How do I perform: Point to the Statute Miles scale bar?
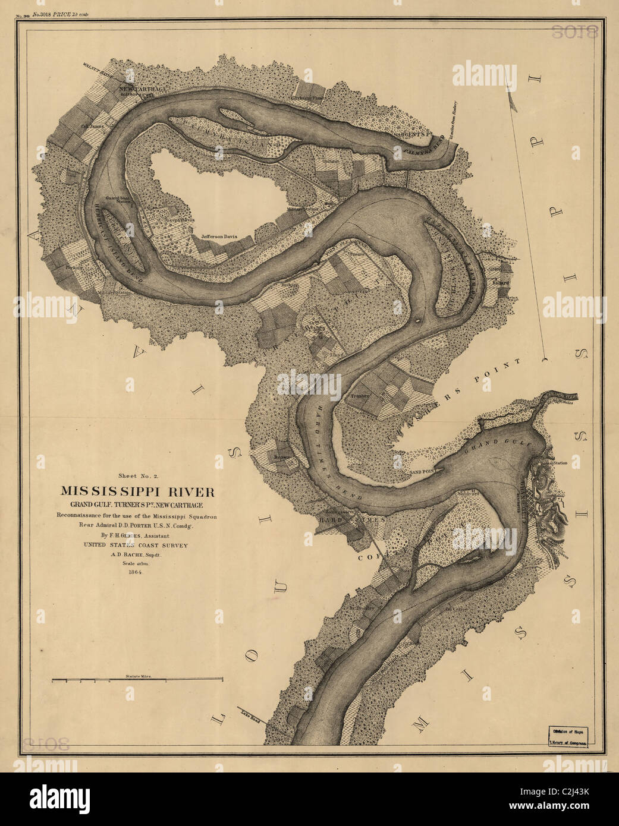click(x=137, y=679)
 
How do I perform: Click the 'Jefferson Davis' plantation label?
click(x=219, y=236)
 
